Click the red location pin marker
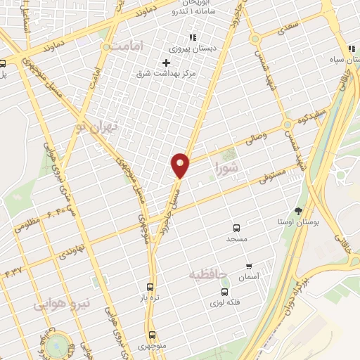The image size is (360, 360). pos(181,165)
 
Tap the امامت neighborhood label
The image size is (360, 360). pos(127,45)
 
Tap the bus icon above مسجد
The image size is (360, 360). pos(236,228)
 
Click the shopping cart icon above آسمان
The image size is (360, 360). pos(249,266)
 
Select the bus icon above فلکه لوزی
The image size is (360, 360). pos(224,291)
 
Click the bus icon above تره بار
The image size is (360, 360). pos(149,287)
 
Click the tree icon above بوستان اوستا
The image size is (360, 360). pos(298,210)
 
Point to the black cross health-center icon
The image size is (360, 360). pos(166,63)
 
